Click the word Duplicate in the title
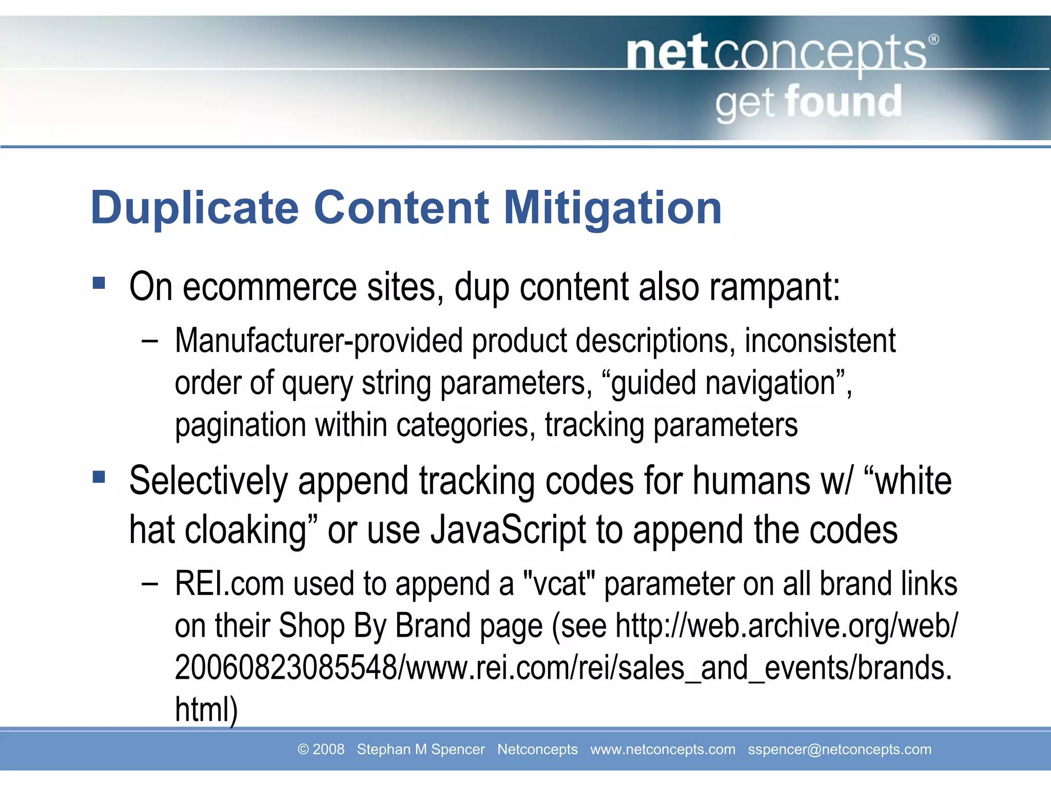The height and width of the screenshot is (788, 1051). [194, 208]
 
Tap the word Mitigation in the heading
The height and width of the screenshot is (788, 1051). [613, 208]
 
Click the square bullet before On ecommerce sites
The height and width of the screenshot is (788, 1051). [99, 283]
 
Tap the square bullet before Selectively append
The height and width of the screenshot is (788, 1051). [99, 478]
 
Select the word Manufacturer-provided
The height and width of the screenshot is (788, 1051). [319, 341]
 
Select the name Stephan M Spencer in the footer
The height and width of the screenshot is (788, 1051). [420, 750]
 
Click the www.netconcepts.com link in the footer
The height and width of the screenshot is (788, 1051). [663, 750]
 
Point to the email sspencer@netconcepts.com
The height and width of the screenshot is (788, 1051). [839, 750]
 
